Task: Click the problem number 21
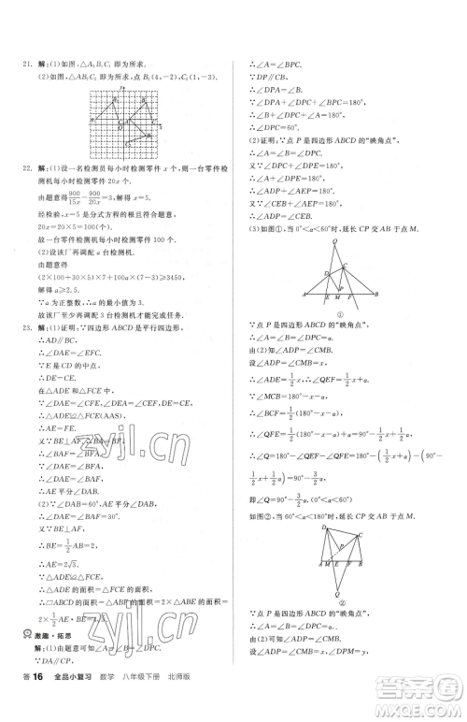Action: point(25,65)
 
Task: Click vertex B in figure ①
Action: point(375,294)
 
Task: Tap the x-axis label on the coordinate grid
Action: point(164,119)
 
